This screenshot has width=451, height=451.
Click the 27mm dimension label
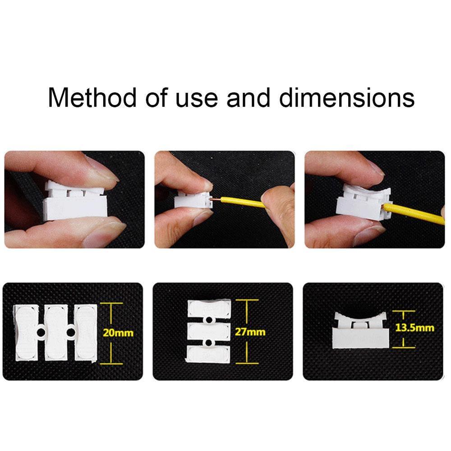pyautogui.click(x=250, y=332)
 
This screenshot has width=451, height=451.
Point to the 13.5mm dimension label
pyautogui.click(x=414, y=328)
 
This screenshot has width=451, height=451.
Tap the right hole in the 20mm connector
pyautogui.click(x=71, y=332)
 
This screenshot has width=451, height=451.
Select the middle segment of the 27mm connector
pyautogui.click(x=209, y=331)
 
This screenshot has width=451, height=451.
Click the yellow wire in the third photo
pyautogui.click(x=415, y=216)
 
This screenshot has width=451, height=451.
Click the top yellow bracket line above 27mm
pyautogui.click(x=247, y=300)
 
